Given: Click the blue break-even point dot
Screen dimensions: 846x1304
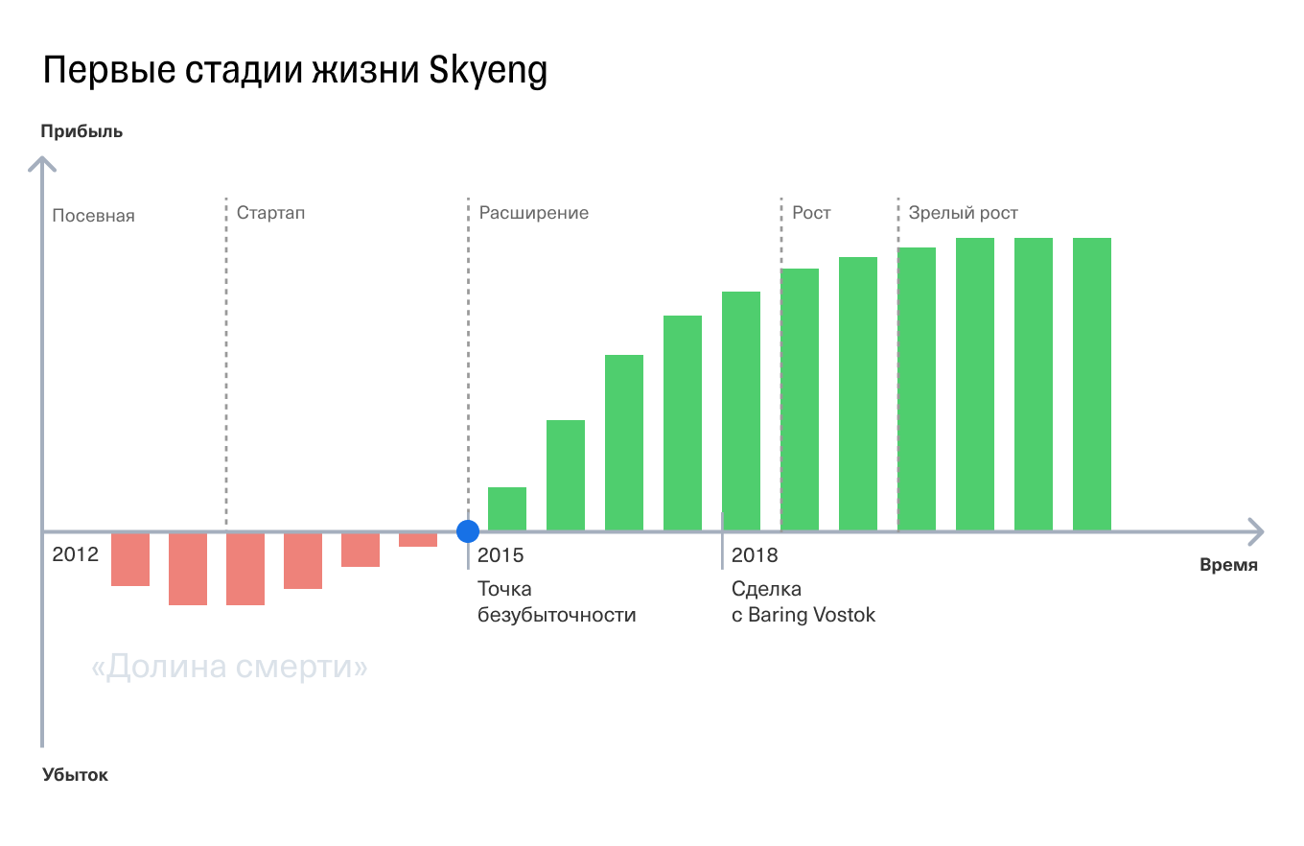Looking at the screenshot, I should pos(468,531).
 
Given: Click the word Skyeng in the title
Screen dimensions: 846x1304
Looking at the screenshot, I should pos(488,71).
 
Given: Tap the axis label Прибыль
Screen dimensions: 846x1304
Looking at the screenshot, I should pos(81,131).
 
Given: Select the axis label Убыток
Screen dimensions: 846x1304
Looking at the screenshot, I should pos(75,775).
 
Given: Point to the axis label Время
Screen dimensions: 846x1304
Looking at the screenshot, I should pos(1228,565).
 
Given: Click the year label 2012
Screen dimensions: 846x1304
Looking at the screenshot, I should pos(76,554).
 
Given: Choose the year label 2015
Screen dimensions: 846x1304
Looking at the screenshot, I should pos(501,554).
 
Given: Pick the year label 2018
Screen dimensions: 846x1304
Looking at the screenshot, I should pos(755,554).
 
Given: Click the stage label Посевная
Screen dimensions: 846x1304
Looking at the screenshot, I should pos(93,216).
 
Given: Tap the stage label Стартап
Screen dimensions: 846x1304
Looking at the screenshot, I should pos(270,212).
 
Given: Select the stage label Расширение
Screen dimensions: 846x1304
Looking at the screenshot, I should pos(533,213).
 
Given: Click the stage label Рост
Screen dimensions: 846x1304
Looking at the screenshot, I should pos(811,212).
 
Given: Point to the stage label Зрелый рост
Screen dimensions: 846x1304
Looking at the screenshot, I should pos(963,213).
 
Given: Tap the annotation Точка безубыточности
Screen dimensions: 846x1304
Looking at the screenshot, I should pos(556,601).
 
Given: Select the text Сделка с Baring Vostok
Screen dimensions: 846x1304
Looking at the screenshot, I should pos(803,601).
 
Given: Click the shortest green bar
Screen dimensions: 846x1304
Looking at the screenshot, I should pos(507,509).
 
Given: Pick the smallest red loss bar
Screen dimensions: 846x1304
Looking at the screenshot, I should pos(418,540).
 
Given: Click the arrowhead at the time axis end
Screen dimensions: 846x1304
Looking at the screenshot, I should pos(1256,531).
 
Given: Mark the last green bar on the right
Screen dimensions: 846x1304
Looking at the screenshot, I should pos(1091,384).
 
